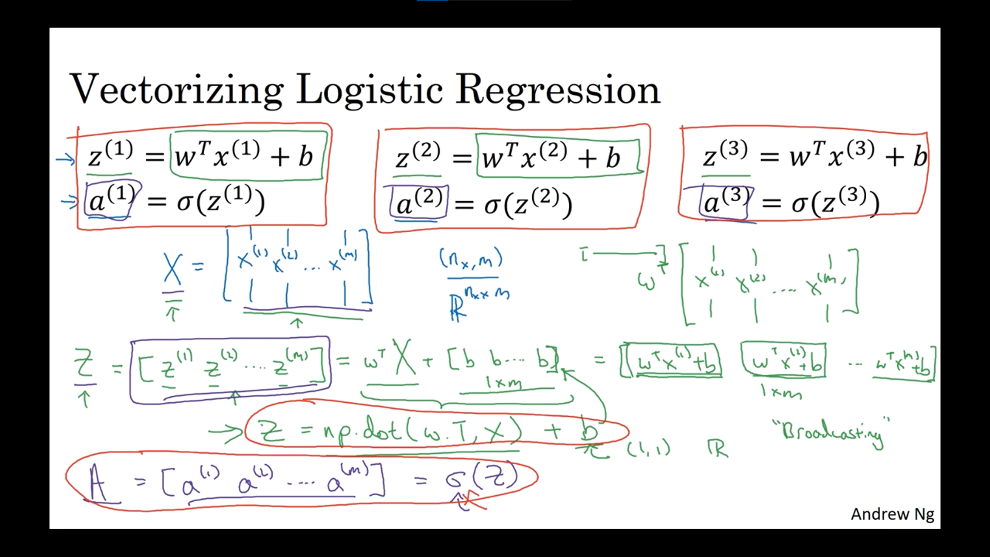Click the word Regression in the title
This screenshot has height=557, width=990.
[x=558, y=90]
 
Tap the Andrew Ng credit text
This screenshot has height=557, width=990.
[x=892, y=514]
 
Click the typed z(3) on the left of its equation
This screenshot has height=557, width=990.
[x=725, y=155]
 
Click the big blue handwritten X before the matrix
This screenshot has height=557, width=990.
[x=173, y=269]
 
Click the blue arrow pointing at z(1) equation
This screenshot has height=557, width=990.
[x=65, y=159]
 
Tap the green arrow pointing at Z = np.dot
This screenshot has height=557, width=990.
[x=225, y=433]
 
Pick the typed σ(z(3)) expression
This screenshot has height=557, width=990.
[x=835, y=203]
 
